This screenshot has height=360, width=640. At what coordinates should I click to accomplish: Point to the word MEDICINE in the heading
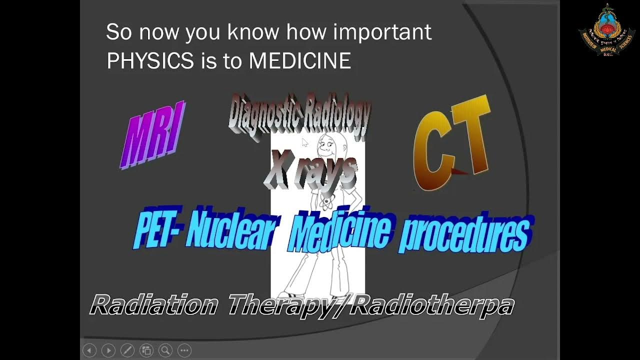(299, 61)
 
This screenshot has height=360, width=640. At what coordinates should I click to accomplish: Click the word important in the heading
(382, 32)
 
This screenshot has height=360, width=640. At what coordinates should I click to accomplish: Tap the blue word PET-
(159, 231)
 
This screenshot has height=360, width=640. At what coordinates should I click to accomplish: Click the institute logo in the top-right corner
(606, 30)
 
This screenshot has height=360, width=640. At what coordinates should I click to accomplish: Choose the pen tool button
(127, 350)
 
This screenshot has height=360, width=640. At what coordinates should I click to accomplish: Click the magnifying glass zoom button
(165, 350)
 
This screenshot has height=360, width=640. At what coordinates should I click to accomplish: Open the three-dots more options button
(184, 350)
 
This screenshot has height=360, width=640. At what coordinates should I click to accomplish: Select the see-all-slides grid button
(146, 350)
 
